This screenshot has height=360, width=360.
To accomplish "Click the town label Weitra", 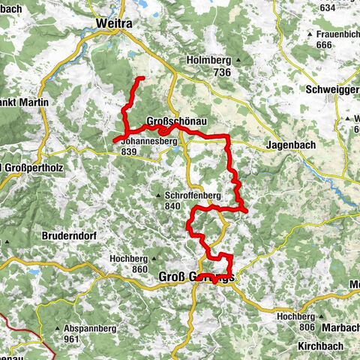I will (x=114, y=25).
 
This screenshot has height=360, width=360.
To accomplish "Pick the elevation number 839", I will (x=128, y=151).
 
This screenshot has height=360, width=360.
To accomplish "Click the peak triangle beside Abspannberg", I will (x=58, y=328).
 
